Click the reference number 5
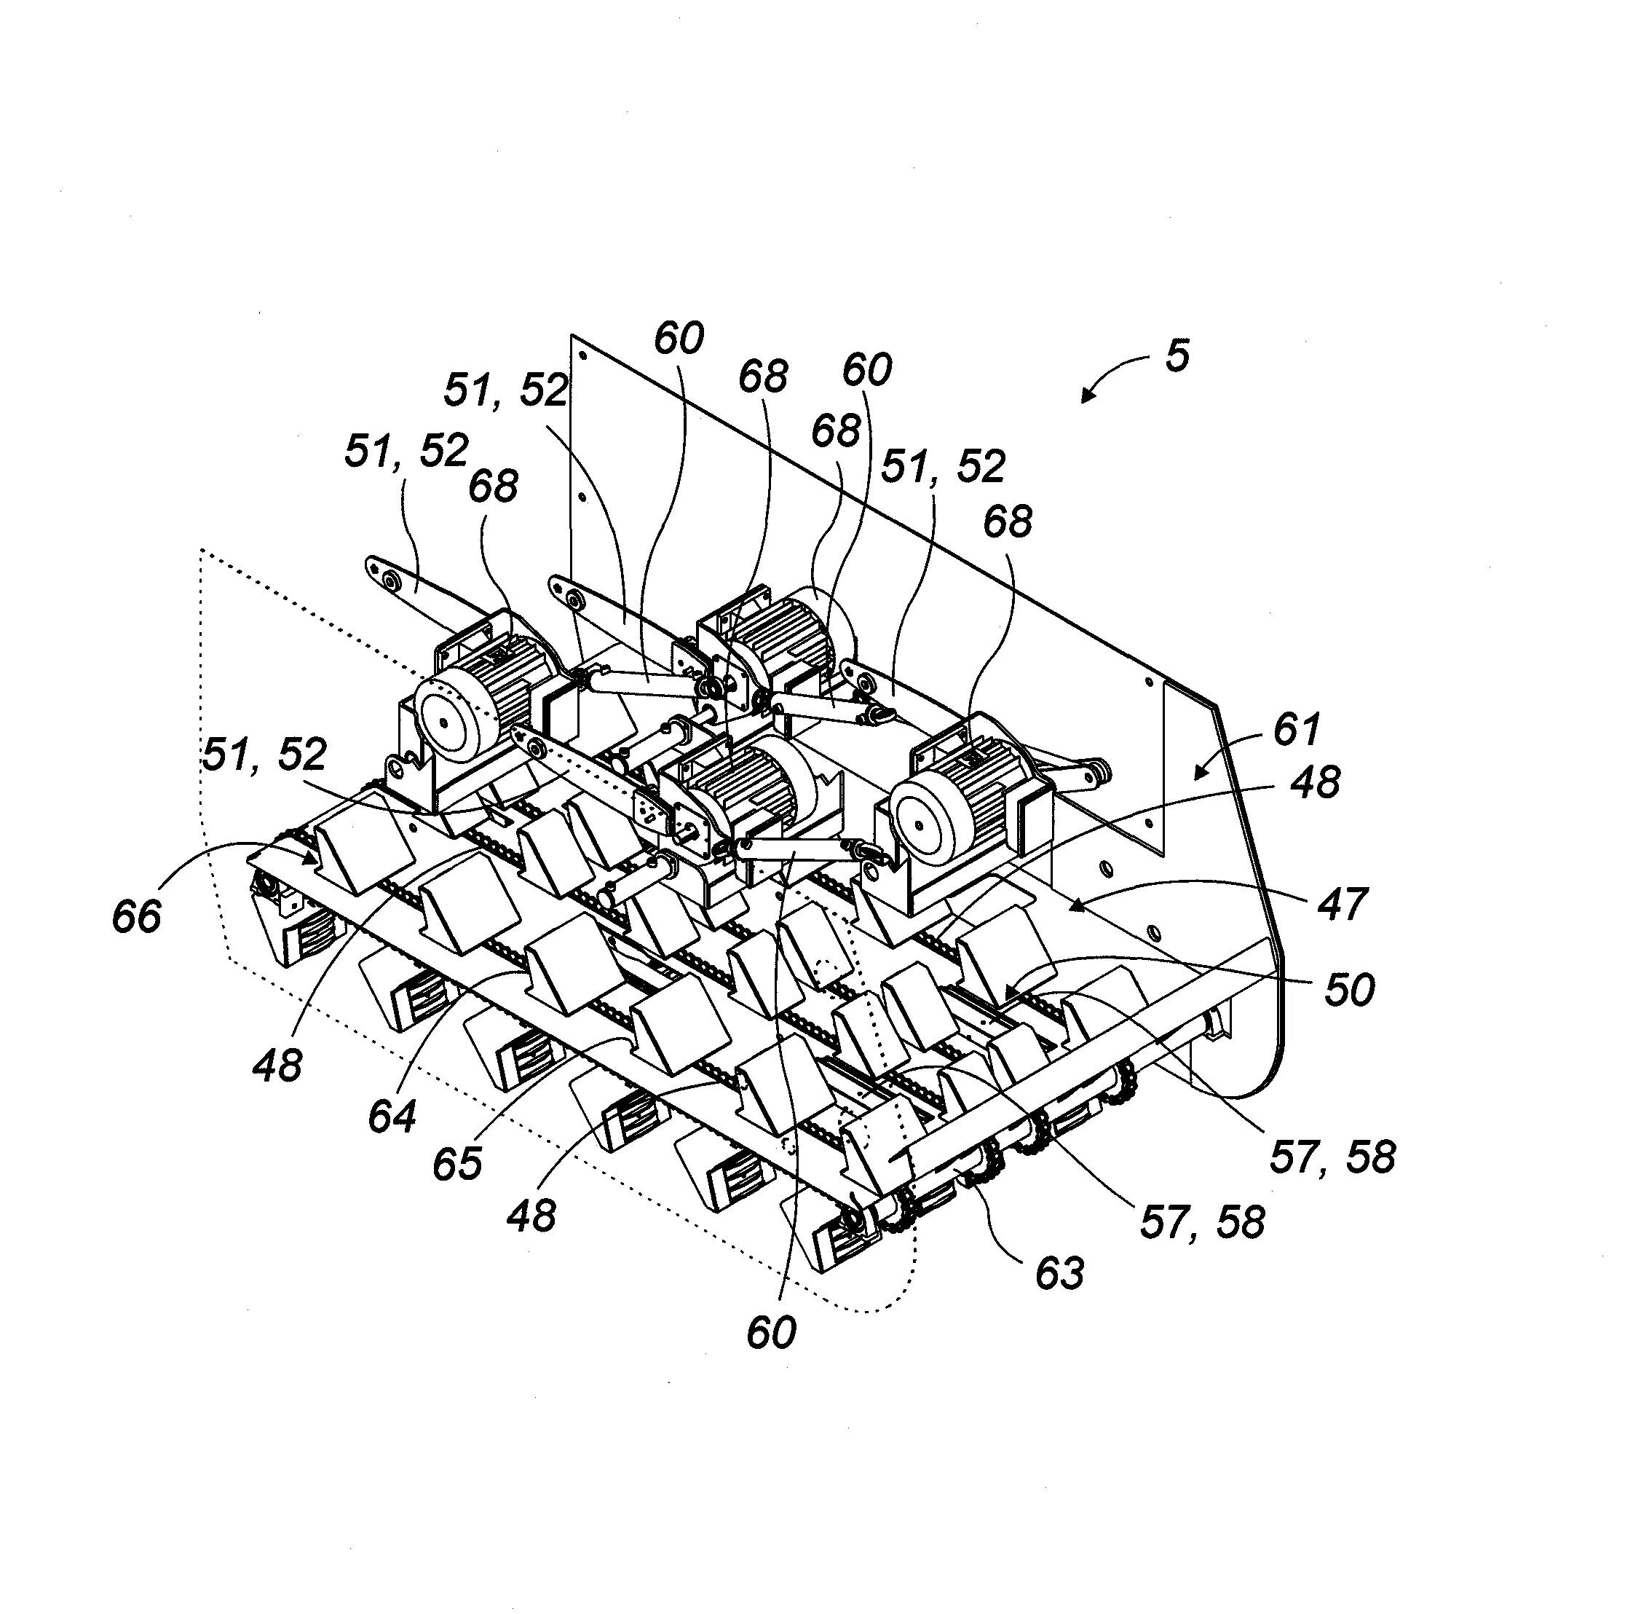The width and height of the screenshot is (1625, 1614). [x=1177, y=356]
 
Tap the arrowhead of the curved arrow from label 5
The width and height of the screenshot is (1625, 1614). [x=1084, y=401]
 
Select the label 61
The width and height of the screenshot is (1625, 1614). [x=1297, y=729]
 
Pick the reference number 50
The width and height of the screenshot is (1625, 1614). [x=1349, y=990]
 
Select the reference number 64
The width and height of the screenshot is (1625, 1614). [x=392, y=1117]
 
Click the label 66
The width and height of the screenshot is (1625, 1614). [x=136, y=916]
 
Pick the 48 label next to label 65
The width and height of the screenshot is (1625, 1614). [x=531, y=1215]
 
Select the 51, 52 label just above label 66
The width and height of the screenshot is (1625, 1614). [x=264, y=755]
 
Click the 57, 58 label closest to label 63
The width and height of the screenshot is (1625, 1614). [x=1202, y=1221]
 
